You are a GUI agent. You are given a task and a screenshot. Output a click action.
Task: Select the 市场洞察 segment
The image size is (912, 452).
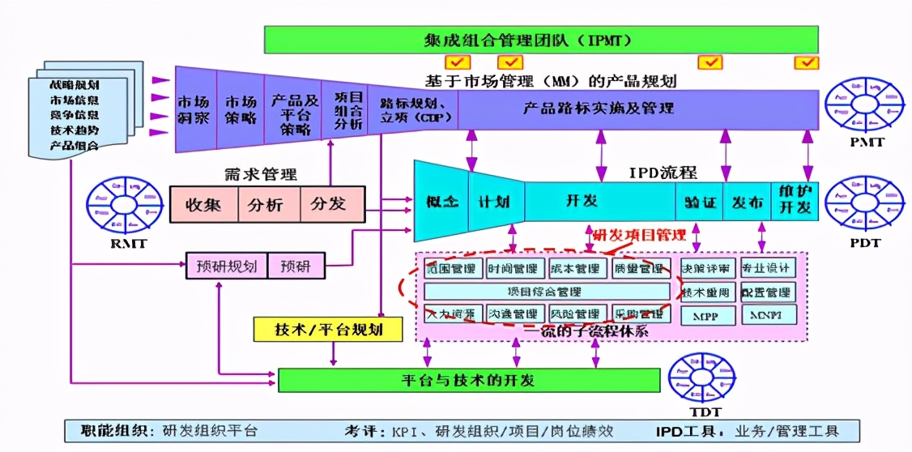point(194,110)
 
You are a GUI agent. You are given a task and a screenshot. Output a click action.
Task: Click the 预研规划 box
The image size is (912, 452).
point(226,266)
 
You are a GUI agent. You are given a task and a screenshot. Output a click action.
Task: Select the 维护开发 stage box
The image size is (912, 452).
point(794,199)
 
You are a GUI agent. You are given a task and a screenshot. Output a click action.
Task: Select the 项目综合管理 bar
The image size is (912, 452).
point(547,292)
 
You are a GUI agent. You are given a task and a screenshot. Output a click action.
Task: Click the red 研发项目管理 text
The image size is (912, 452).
point(640,236)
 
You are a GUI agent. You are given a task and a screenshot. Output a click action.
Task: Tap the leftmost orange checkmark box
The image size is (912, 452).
point(457,62)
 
